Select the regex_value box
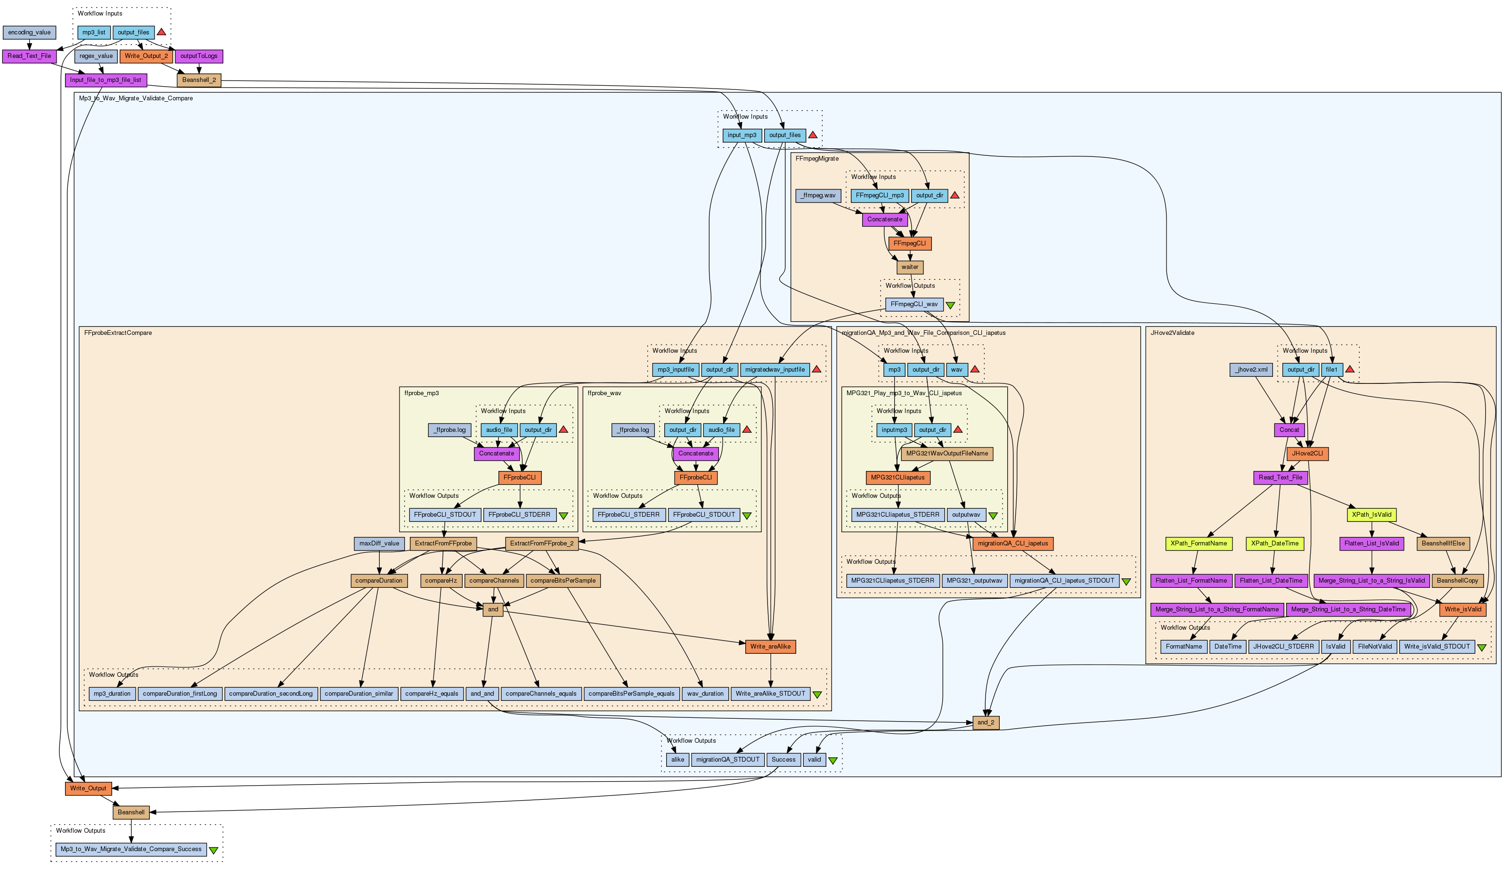point(96,56)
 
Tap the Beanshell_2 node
point(199,80)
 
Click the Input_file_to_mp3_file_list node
point(106,80)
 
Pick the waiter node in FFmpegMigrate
point(910,268)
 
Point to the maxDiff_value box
point(379,544)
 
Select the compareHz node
point(441,581)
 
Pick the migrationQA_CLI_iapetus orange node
point(1012,544)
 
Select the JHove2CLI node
point(1307,454)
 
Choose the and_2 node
point(986,723)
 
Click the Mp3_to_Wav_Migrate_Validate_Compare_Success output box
point(131,849)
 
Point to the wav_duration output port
point(705,693)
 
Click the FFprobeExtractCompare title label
point(118,333)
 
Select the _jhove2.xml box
point(1252,370)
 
